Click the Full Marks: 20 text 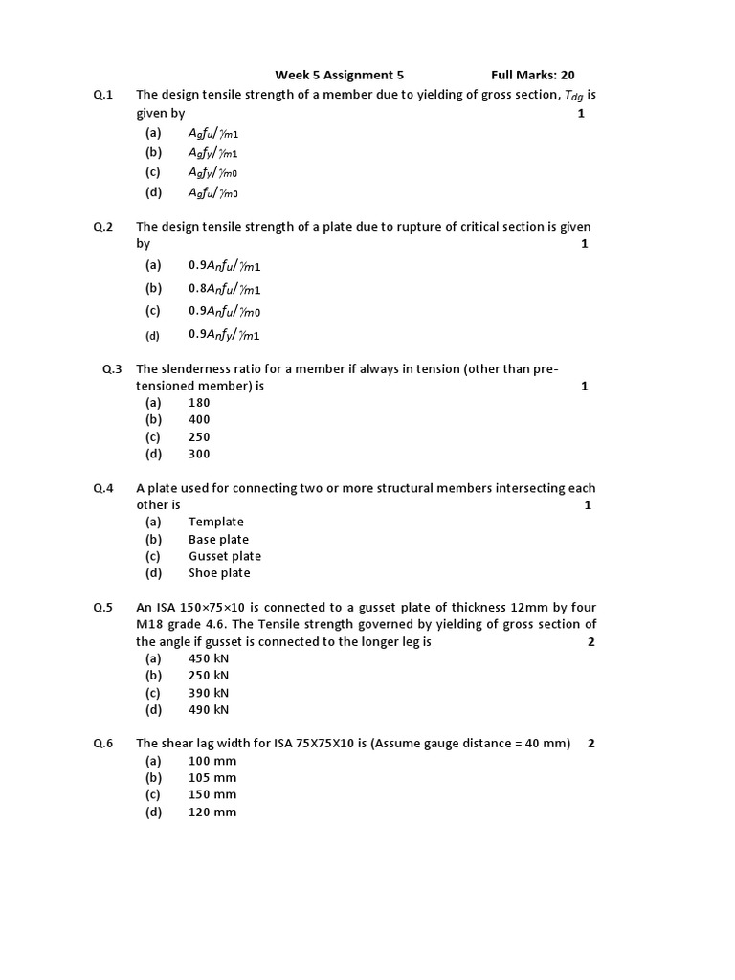pos(532,75)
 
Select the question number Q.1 pos(103,94)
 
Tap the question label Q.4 pos(103,488)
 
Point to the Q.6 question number pos(103,744)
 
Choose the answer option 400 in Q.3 pos(199,419)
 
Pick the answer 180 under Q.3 pos(199,403)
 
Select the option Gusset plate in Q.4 pos(225,556)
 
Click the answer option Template pos(216,522)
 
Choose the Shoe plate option pos(219,573)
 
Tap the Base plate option pos(218,539)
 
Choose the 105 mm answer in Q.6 pos(212,777)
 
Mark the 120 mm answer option pos(212,813)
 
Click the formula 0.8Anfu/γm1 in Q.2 pos(225,288)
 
